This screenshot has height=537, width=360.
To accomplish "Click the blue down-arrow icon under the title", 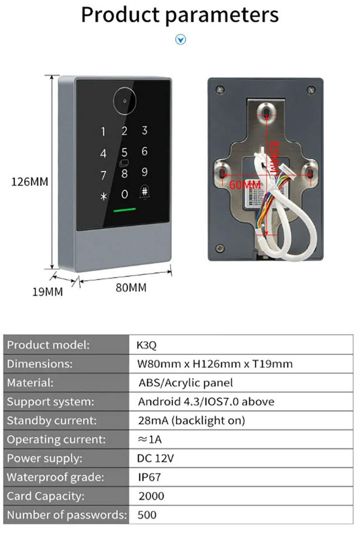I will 180,39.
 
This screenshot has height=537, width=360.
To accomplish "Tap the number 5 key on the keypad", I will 124,152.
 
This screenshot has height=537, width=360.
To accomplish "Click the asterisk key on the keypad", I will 102,196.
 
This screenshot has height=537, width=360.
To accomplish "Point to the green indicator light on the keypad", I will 125,212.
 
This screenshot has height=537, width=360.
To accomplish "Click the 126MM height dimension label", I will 30,182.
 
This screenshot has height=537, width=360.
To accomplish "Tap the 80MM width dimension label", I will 130,288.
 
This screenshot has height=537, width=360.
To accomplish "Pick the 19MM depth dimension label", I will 47,292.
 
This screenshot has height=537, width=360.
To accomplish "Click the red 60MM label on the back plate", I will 245,184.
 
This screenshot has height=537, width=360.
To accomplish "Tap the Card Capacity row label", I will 46,496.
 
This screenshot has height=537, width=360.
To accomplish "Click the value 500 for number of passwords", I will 147,515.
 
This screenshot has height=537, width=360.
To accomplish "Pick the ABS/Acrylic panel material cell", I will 185,383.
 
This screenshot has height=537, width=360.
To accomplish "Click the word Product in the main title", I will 121,15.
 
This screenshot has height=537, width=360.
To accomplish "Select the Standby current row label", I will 52,421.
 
